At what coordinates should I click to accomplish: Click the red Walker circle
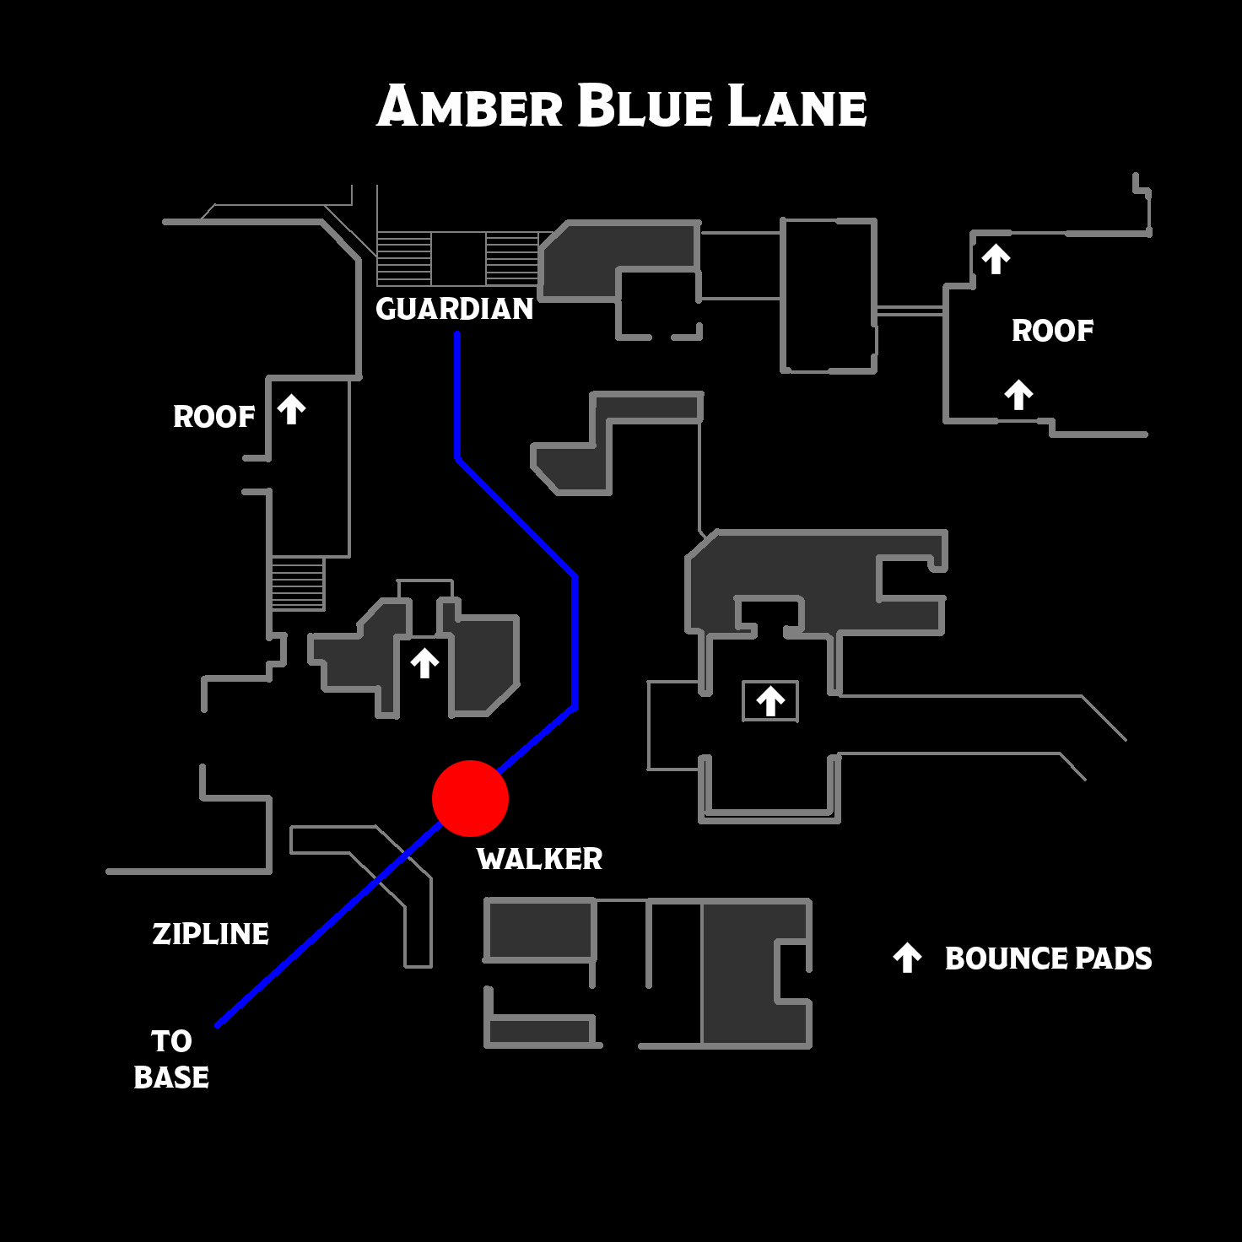(471, 798)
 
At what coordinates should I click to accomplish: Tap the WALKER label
(540, 859)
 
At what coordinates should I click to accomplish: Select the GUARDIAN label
(455, 309)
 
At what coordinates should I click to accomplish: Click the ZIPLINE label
(211, 934)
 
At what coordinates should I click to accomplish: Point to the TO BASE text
(171, 1059)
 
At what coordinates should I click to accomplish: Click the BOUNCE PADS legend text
(1049, 958)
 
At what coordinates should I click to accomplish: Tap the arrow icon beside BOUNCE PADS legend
(908, 958)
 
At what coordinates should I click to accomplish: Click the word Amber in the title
(470, 105)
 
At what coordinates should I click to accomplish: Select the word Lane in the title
(797, 105)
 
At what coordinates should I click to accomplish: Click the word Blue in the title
(645, 105)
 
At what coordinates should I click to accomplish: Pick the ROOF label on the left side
(214, 417)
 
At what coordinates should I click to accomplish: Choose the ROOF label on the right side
(1052, 331)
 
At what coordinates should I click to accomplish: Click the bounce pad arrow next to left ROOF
(291, 410)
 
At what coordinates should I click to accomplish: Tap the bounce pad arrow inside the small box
(770, 701)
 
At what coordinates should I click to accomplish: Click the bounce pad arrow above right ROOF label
(996, 259)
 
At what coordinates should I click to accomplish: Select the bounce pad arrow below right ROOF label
(1018, 395)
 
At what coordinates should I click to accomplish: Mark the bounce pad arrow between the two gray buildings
(424, 663)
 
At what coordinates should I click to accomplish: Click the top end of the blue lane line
(457, 334)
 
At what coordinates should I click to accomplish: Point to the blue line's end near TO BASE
(218, 1025)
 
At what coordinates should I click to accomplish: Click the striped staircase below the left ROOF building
(298, 583)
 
